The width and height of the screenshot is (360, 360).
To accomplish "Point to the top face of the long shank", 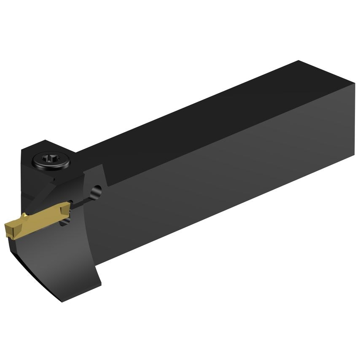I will point(202,110).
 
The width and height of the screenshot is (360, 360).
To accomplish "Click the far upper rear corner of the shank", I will point(298,61).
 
